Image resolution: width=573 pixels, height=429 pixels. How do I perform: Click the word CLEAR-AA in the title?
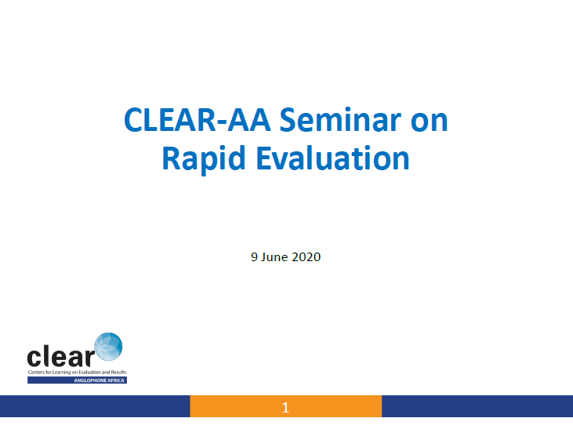[198, 120]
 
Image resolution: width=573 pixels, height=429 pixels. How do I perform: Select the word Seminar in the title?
[340, 119]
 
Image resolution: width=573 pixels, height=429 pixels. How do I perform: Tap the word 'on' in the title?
[430, 122]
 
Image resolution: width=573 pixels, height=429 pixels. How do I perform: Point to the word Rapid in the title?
[204, 158]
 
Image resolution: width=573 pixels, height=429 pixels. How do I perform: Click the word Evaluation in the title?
[332, 158]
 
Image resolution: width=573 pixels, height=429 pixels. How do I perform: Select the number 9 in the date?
[254, 257]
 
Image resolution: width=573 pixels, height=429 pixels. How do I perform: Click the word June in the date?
[274, 257]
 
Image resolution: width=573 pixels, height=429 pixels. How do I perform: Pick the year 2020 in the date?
[306, 257]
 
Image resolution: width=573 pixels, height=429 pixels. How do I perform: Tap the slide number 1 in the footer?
[286, 407]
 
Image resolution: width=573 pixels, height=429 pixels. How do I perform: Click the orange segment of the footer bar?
[286, 406]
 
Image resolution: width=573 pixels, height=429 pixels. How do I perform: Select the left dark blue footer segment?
[95, 406]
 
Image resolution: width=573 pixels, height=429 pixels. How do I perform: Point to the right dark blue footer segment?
[477, 406]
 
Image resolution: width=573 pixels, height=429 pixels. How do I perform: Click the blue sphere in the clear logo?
[108, 347]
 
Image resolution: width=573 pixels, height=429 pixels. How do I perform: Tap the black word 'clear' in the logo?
[60, 356]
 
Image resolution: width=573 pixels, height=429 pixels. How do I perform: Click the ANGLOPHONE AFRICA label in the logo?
[99, 380]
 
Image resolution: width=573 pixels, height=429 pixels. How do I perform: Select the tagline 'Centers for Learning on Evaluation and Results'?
[77, 373]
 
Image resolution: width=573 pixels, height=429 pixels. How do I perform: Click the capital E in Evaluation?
[264, 158]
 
